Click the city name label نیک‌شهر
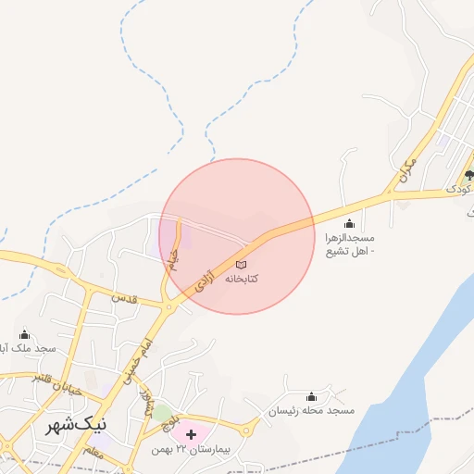(x=76, y=426)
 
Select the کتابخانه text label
(x=241, y=278)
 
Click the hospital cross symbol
(x=191, y=434)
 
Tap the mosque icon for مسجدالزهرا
(x=349, y=223)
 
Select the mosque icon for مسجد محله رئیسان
(x=310, y=396)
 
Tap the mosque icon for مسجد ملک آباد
(x=24, y=335)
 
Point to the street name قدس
(x=123, y=299)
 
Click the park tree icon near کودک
(x=469, y=174)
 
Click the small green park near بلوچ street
(x=162, y=412)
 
